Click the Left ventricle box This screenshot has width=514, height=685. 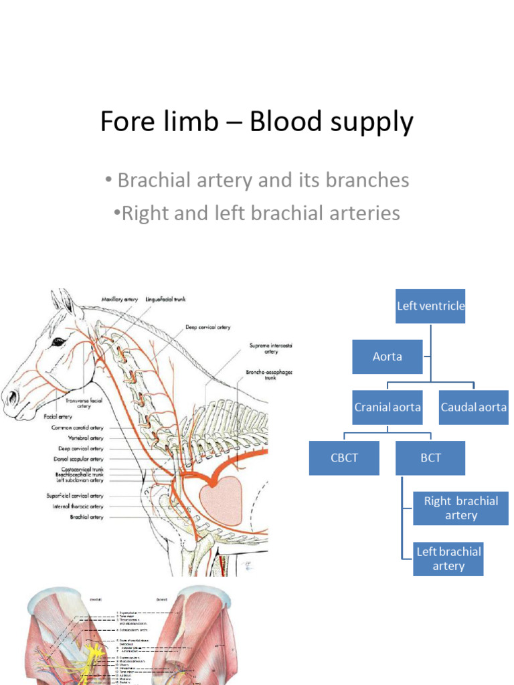click(x=430, y=306)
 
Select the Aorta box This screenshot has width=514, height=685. click(x=388, y=357)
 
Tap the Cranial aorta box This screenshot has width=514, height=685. click(x=388, y=407)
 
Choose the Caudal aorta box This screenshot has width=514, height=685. click(x=473, y=407)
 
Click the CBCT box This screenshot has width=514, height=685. click(x=343, y=458)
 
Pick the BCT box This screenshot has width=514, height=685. click(x=430, y=458)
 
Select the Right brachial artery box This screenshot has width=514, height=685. click(x=460, y=508)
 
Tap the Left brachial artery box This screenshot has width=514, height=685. click(x=448, y=559)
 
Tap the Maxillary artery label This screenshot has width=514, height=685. click(x=119, y=299)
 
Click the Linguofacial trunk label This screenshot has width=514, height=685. click(x=165, y=299)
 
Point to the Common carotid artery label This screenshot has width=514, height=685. click(x=78, y=427)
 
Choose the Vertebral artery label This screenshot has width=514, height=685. click(x=86, y=438)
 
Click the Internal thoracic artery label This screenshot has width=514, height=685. click(x=78, y=506)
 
